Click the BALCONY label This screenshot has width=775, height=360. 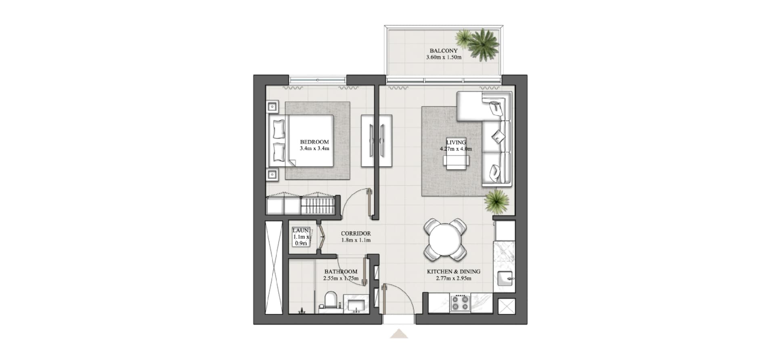[x=444, y=51]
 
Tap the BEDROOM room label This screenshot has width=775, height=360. [x=314, y=142]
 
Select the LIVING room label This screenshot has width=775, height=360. [x=456, y=142]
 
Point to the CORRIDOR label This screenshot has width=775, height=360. [x=356, y=233]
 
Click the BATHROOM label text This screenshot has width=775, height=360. [x=341, y=272]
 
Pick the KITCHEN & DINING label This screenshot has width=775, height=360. [x=454, y=272]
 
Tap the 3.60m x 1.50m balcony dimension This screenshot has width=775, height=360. [x=444, y=57]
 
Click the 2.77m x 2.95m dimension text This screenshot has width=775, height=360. [x=454, y=278]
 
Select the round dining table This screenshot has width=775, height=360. [x=445, y=240]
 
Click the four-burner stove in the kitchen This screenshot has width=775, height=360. [x=460, y=303]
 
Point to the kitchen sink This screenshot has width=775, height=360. [x=505, y=278]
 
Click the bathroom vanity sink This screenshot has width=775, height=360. [x=356, y=303]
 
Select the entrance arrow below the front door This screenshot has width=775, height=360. [x=399, y=334]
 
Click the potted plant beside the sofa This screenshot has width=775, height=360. [x=496, y=201]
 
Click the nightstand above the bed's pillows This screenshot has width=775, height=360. [x=272, y=107]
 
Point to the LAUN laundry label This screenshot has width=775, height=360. [x=301, y=230]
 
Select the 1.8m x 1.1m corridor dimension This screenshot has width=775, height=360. [x=356, y=240]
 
